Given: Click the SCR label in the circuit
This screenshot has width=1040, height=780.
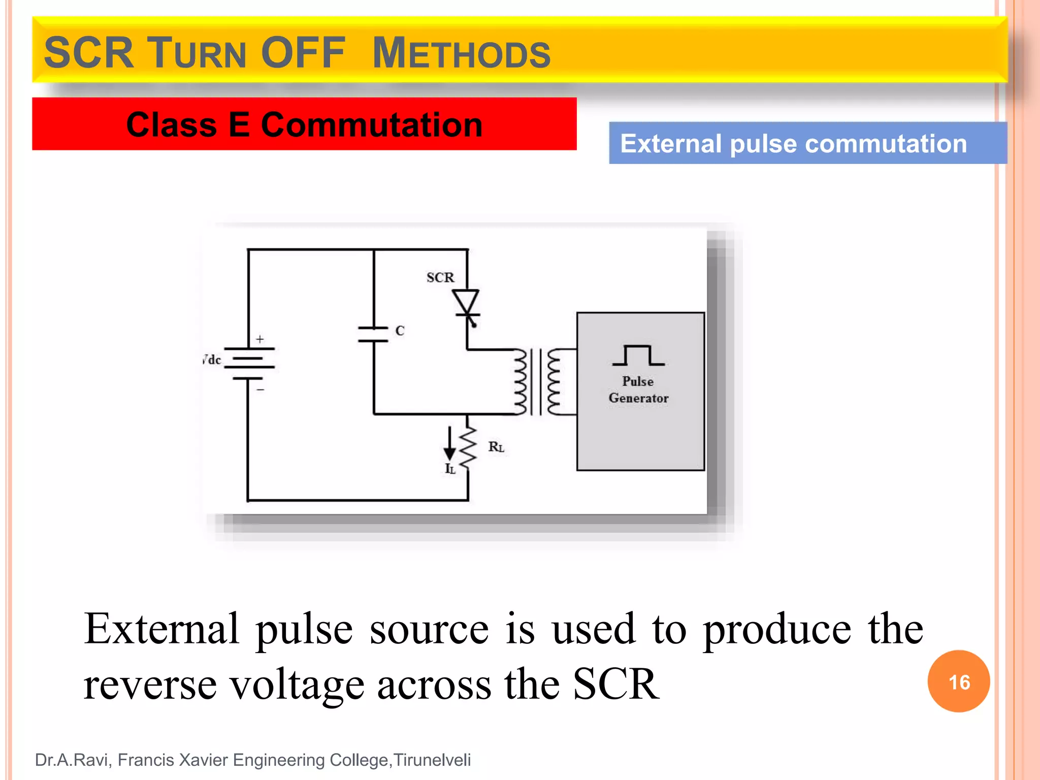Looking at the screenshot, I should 440,277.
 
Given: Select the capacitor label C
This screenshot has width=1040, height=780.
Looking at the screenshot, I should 400,331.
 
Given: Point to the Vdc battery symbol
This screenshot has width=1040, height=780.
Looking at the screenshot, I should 249,363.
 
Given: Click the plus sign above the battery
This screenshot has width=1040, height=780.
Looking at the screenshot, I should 260,339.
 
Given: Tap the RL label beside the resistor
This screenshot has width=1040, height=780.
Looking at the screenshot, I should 496,447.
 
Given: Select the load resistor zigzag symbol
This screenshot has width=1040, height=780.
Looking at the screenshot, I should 468,445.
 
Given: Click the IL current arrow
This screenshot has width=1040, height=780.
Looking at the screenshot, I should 449,444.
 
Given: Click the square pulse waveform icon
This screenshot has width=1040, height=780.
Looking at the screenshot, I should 638,355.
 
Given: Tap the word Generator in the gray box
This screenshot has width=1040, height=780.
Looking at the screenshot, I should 638,398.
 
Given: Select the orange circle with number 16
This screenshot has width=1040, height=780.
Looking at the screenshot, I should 958,681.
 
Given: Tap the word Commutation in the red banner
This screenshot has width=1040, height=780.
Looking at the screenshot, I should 371,125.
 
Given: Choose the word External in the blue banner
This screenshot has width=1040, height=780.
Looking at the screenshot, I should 670,144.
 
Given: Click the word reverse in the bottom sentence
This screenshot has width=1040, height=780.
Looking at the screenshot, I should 150,684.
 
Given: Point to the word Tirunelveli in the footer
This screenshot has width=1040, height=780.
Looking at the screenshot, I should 432,760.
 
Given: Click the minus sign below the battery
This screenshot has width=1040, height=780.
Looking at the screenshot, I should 260,389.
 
